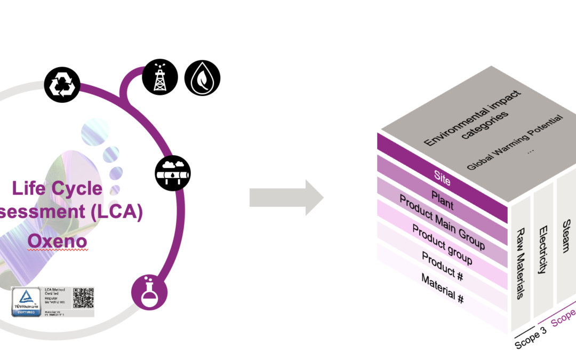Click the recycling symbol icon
(62, 85)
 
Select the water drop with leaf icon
(202, 77)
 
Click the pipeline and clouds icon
(173, 173)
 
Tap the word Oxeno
(57, 242)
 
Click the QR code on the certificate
(83, 298)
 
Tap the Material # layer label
(442, 288)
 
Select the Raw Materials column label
(521, 264)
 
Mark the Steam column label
(567, 235)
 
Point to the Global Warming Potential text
(515, 142)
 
